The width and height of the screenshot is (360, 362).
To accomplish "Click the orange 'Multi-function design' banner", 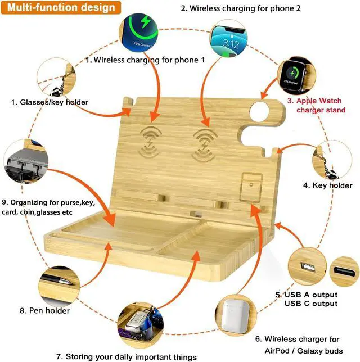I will (x=62, y=8).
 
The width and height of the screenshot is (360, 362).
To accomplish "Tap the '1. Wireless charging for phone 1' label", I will (x=146, y=59).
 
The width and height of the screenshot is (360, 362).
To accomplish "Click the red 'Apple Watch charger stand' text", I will (x=316, y=105).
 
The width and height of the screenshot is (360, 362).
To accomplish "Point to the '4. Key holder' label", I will (x=328, y=185).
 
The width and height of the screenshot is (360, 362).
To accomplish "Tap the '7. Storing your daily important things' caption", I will (x=127, y=356).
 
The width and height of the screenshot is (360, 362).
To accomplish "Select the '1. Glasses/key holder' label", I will (x=49, y=102).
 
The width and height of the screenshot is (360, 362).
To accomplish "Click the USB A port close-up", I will (x=307, y=266).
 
